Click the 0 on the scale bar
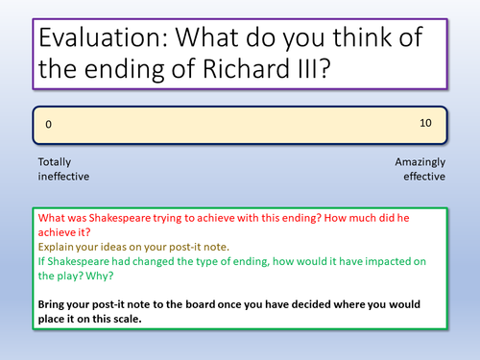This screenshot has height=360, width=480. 49,125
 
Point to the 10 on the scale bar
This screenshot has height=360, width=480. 426,124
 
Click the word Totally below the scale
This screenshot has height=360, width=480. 55,162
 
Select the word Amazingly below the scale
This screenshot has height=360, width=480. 420,162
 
